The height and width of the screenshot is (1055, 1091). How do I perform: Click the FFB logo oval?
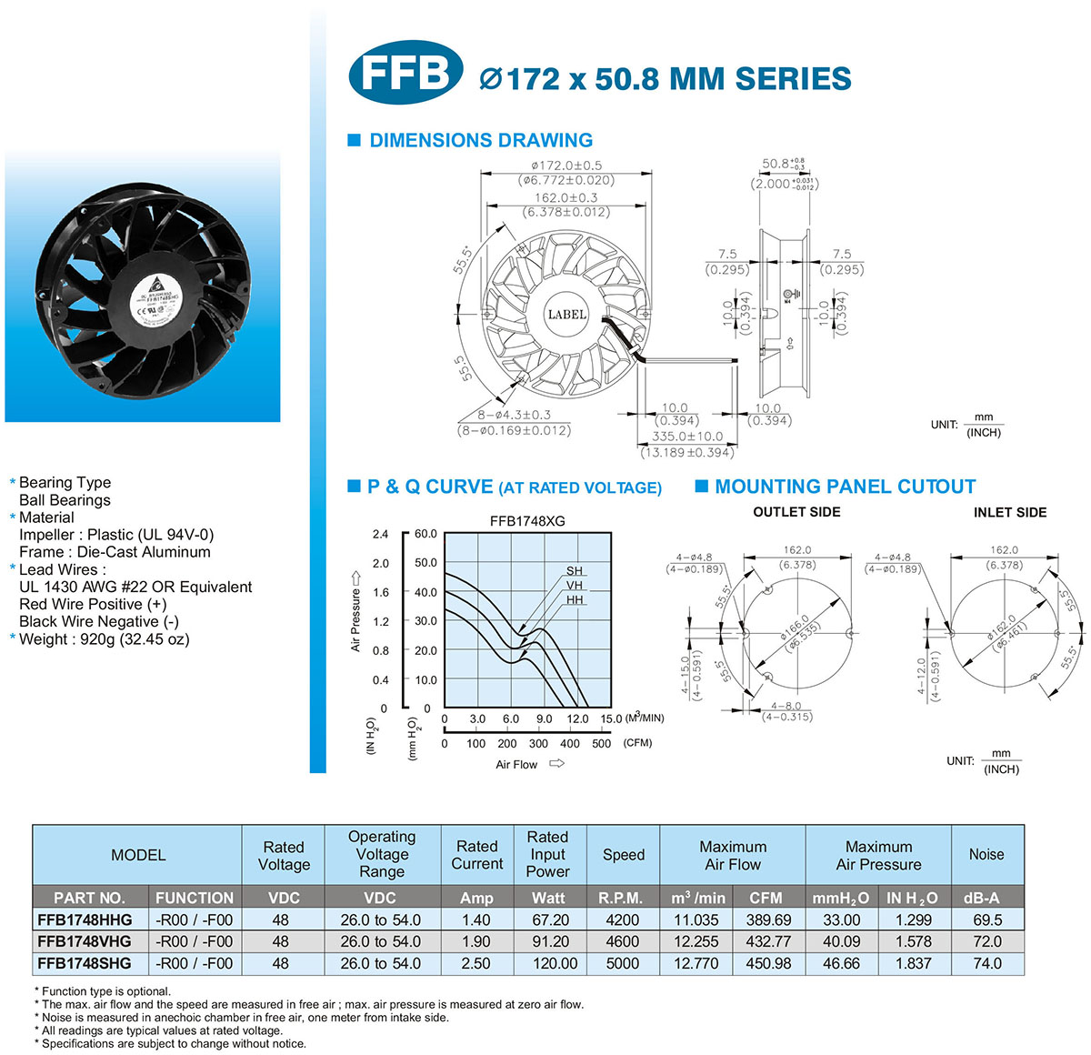tap(405, 73)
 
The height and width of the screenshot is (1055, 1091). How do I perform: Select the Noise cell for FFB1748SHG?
tap(986, 963)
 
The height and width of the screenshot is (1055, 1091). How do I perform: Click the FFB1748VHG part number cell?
tap(85, 941)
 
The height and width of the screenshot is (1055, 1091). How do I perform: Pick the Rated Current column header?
tap(476, 855)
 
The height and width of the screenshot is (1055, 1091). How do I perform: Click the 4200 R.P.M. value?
tap(623, 919)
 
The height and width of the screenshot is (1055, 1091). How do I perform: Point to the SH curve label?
tap(575, 571)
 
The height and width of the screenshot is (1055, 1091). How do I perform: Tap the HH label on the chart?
tap(575, 600)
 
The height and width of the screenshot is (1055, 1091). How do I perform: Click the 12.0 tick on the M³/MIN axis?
tap(576, 718)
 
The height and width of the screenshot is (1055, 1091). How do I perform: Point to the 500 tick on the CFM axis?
tap(601, 743)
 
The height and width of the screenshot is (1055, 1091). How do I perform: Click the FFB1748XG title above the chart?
tap(527, 521)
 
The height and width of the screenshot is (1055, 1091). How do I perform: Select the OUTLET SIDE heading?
tap(796, 512)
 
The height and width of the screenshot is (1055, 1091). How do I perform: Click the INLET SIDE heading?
tap(1009, 512)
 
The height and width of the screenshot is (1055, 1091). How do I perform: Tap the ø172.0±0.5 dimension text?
tap(566, 166)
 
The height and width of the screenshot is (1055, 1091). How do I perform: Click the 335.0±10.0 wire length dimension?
tap(687, 437)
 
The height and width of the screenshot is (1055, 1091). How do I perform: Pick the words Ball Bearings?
tap(65, 500)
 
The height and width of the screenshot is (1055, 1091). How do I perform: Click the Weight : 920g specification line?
tap(104, 638)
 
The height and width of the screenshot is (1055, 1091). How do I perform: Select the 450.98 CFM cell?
tap(768, 963)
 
